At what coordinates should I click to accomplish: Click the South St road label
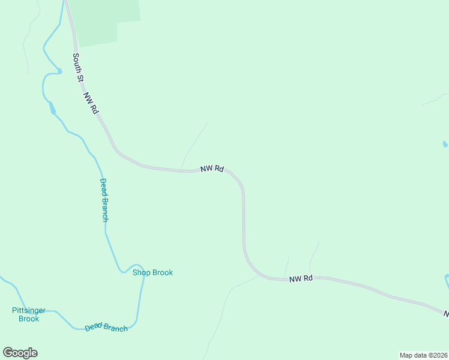77,68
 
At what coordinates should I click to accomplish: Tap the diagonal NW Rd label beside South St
91,103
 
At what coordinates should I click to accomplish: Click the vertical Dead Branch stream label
104,200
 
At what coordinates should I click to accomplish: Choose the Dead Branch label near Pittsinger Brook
106,327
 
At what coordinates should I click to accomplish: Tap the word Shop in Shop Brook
141,272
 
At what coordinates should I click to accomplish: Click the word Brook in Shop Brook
162,272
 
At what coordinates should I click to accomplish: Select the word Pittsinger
29,310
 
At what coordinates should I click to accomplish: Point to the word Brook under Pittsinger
29,319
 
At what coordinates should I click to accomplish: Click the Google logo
20,353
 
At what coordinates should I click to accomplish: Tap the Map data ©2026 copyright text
423,355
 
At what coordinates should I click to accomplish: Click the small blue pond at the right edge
445,145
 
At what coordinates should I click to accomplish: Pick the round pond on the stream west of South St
59,71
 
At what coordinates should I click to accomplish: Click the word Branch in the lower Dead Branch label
115,328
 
